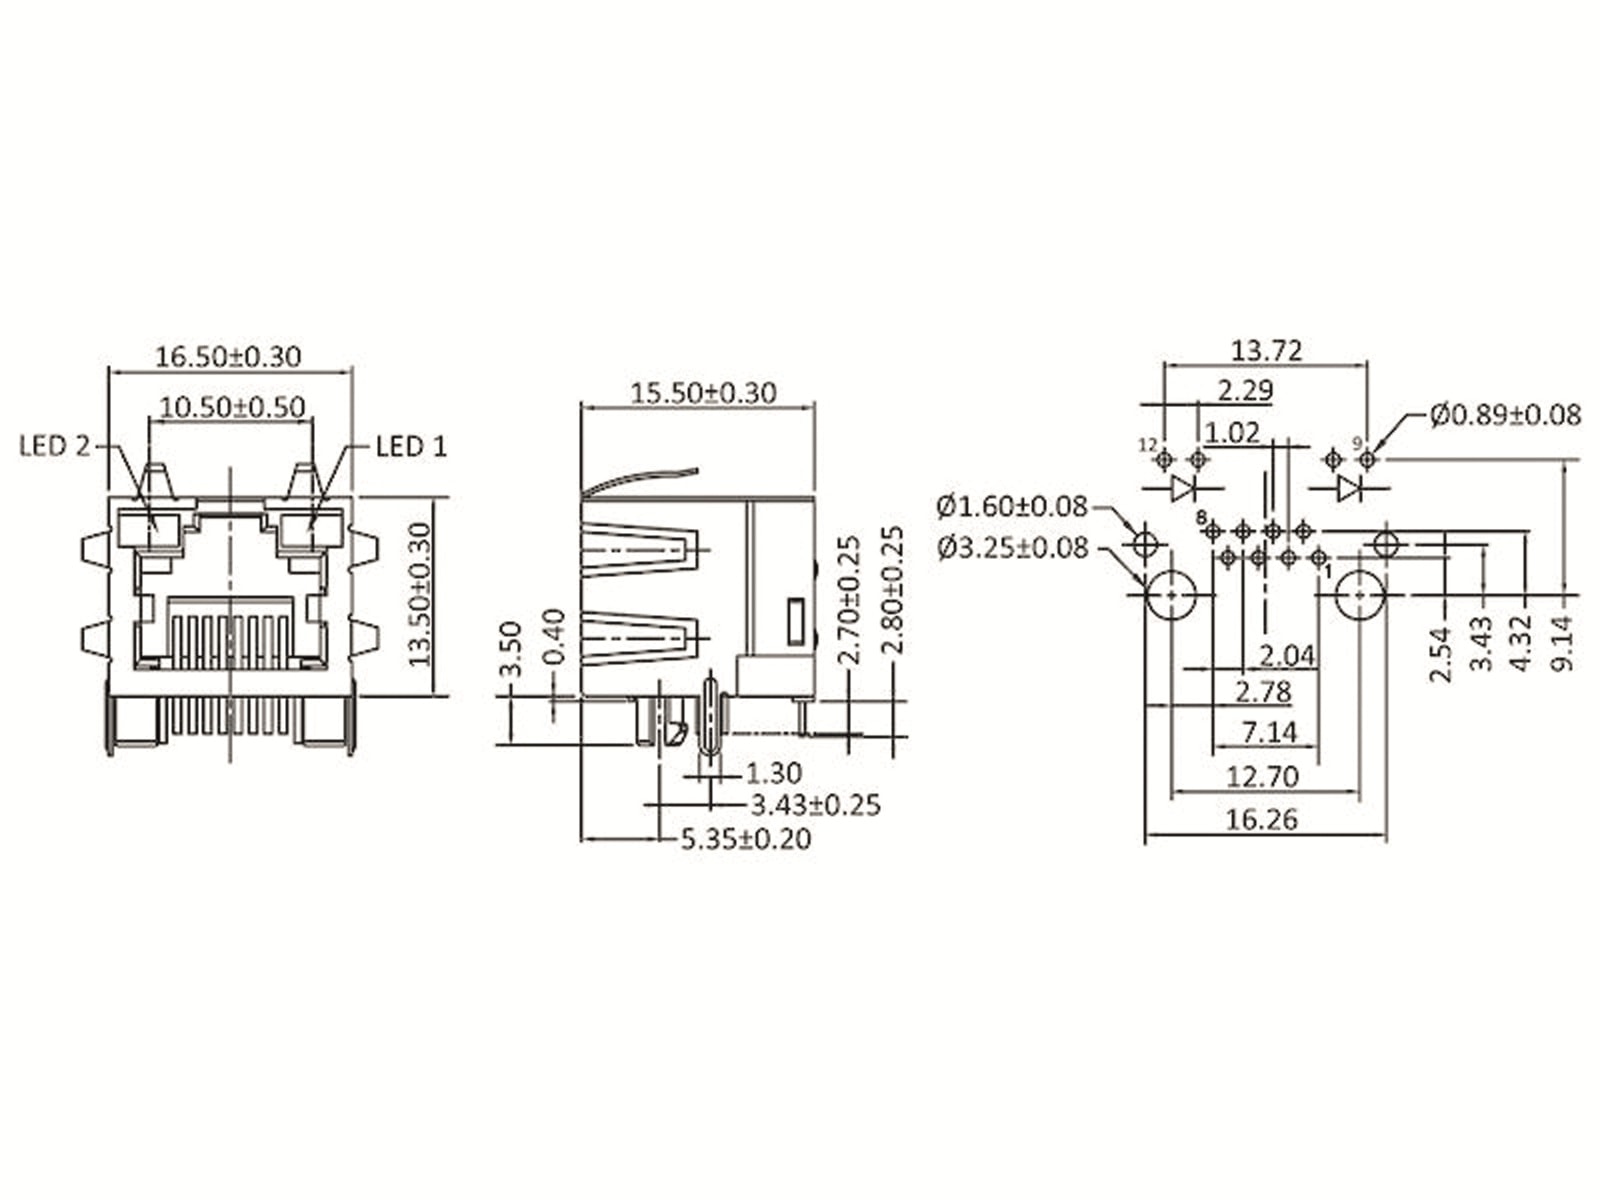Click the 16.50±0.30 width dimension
pyautogui.click(x=228, y=356)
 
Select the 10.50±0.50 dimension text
pyautogui.click(x=232, y=407)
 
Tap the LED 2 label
pyautogui.click(x=55, y=446)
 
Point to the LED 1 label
pyautogui.click(x=411, y=446)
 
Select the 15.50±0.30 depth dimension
pyautogui.click(x=703, y=393)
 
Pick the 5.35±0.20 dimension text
pyautogui.click(x=745, y=839)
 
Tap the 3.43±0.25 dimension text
pyautogui.click(x=815, y=805)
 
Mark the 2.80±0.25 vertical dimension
pyautogui.click(x=893, y=590)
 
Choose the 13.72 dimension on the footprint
pyautogui.click(x=1266, y=351)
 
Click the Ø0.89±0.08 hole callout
pyautogui.click(x=1505, y=414)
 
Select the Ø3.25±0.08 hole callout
pyautogui.click(x=1013, y=548)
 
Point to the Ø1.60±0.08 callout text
pyautogui.click(x=1012, y=507)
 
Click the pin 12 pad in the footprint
pyautogui.click(x=1163, y=460)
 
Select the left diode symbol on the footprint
pyautogui.click(x=1183, y=488)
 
